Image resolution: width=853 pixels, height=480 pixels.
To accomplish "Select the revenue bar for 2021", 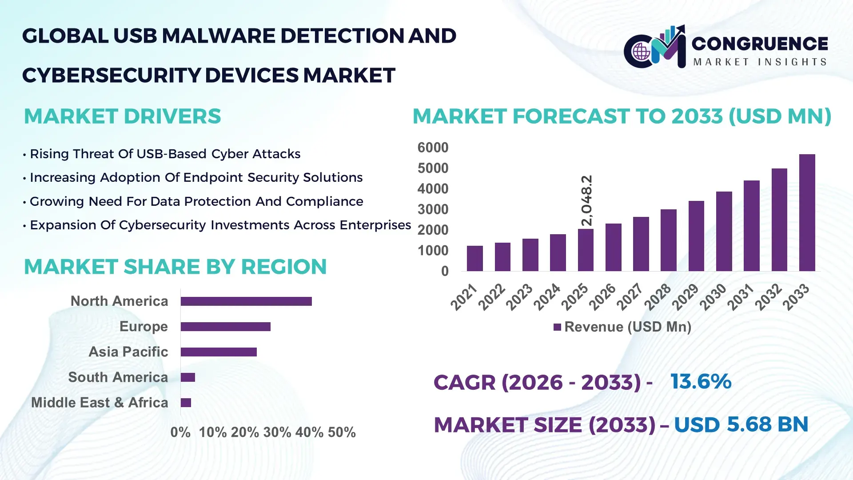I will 474,258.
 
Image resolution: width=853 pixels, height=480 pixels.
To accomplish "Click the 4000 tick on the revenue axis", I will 433,189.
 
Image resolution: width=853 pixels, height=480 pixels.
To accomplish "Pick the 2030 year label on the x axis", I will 713,297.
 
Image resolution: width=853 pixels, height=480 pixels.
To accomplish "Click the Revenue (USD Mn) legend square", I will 557,327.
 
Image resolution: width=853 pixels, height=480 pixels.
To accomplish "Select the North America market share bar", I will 246,301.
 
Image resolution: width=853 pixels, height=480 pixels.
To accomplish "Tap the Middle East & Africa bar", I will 186,403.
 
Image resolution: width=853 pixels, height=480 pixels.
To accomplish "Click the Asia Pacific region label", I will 128,352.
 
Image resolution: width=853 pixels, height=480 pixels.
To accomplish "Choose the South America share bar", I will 188,377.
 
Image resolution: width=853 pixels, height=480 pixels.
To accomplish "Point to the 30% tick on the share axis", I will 277,432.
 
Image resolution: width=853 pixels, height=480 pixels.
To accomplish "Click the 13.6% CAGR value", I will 701,381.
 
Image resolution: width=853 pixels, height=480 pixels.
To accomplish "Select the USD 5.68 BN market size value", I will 741,424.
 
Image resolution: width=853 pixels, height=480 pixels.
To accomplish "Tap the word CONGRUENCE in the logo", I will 760,44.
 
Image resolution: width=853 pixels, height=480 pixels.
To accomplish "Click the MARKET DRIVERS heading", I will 122,116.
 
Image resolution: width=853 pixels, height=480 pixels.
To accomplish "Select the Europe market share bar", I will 225,327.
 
